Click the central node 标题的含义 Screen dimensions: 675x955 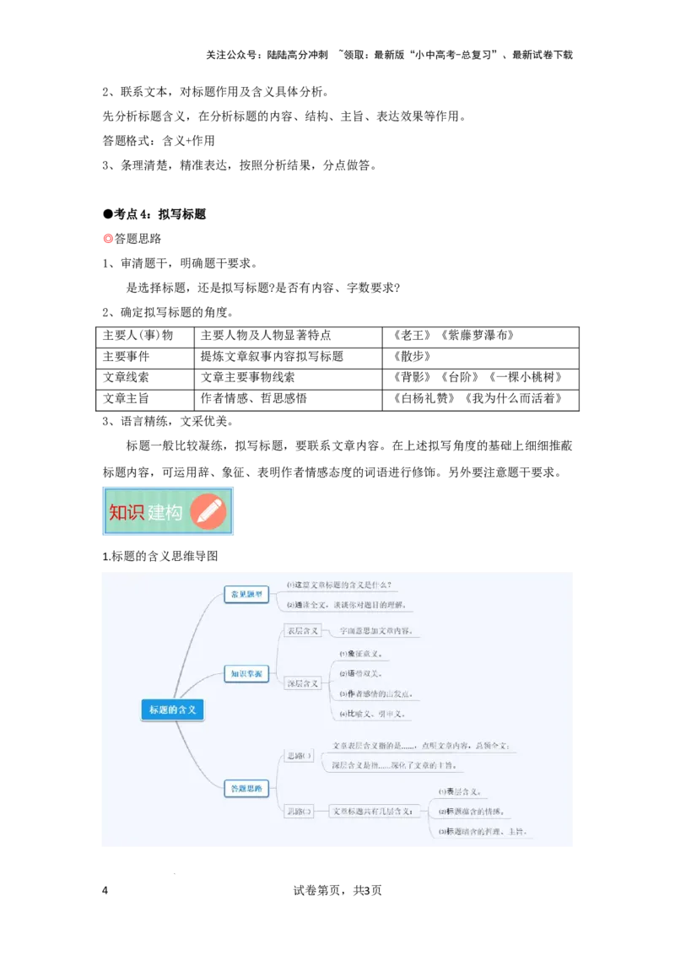point(172,710)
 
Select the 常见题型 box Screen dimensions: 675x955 point(246,595)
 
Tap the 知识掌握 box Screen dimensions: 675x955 point(246,673)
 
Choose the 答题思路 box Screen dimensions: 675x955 point(246,789)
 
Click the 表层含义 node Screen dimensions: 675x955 point(302,630)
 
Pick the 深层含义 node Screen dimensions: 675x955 point(302,683)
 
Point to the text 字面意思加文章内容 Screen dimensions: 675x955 point(375,631)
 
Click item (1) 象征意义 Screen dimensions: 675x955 point(361,654)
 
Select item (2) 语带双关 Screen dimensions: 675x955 point(361,674)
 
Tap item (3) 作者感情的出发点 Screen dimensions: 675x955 point(375,694)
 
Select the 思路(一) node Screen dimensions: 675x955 point(300,756)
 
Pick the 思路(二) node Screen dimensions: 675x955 point(300,812)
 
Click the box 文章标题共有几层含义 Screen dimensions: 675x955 point(372,812)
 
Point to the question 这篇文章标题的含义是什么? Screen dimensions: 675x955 point(339,585)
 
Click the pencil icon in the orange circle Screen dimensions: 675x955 point(208,512)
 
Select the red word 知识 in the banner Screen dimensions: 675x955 point(127,512)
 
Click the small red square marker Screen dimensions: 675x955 point(108,240)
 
